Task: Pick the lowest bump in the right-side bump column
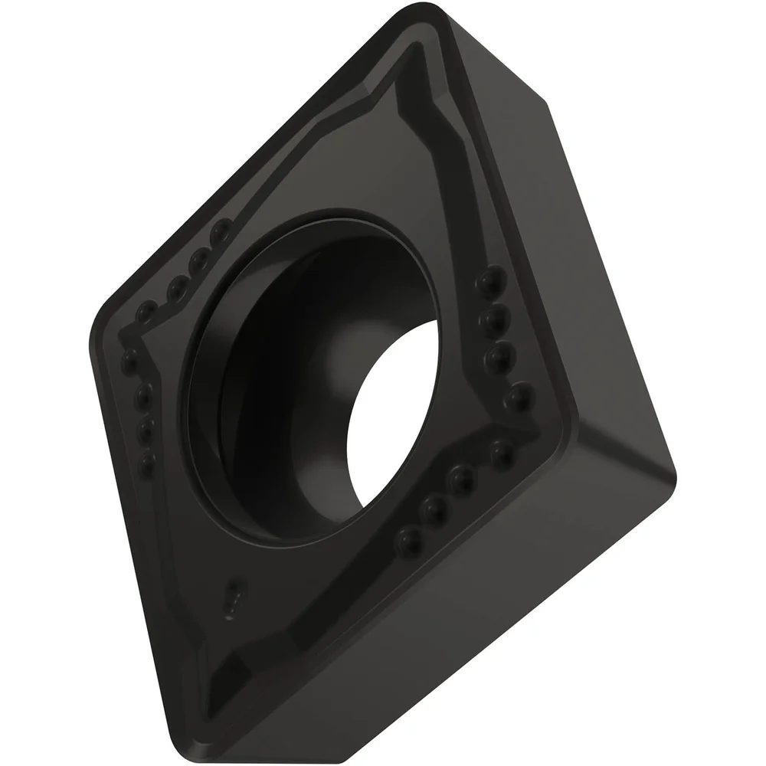pyautogui.click(x=519, y=395)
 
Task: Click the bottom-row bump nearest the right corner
pyautogui.click(x=502, y=453)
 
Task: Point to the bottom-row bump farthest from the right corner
pyautogui.click(x=408, y=541)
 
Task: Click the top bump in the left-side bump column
pyautogui.click(x=130, y=358)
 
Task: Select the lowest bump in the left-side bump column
pyautogui.click(x=147, y=462)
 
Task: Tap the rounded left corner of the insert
pyautogui.click(x=96, y=337)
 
